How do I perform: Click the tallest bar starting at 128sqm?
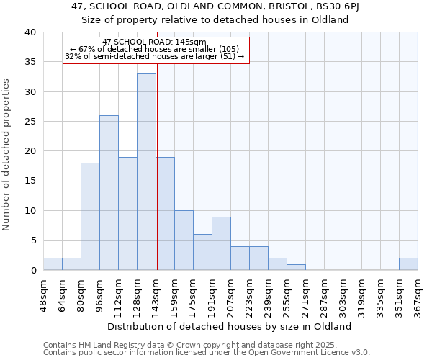pos(146,172)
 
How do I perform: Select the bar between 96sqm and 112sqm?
pos(109,193)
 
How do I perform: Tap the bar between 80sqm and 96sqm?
pos(90,217)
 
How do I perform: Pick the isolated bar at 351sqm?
pos(408,264)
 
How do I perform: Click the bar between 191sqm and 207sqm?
pos(221,243)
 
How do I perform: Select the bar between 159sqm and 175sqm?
pos(184,240)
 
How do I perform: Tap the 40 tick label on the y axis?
pos(30,32)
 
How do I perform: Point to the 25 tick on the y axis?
pos(30,122)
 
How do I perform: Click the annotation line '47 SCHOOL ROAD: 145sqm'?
pos(155,42)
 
